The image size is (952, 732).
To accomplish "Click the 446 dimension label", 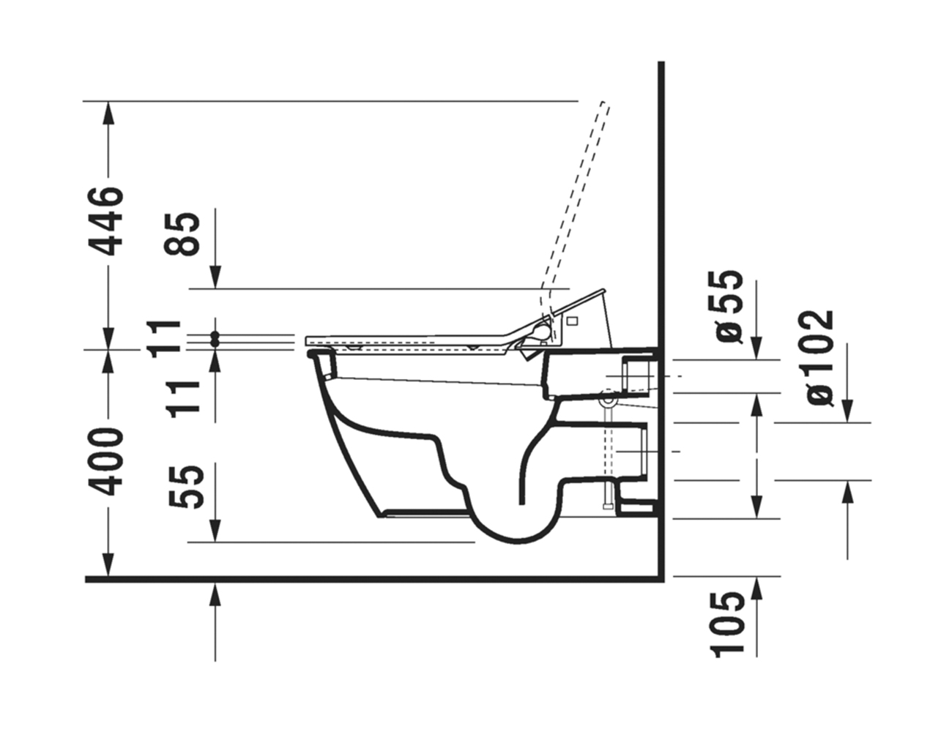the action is coord(107,222).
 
